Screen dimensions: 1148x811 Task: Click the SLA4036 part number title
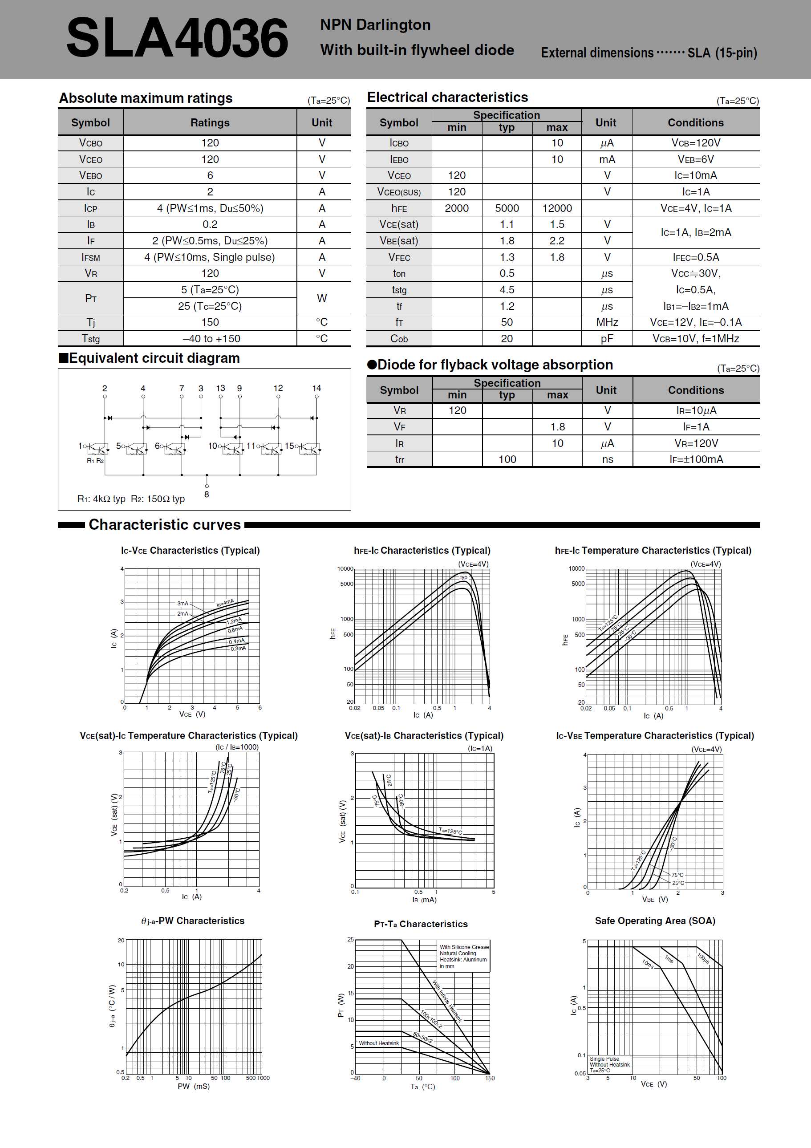pos(177,38)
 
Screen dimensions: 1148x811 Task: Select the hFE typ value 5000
pos(507,208)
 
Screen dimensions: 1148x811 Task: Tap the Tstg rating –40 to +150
pos(211,338)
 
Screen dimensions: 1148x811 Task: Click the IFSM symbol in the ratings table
pos(90,257)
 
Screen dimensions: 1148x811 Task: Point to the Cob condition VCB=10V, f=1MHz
pos(696,338)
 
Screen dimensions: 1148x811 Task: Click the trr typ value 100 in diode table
pos(507,459)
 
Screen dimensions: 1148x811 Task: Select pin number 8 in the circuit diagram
pos(207,494)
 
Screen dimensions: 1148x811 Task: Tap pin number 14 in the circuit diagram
pos(316,388)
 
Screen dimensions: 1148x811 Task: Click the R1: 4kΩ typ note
pos(101,499)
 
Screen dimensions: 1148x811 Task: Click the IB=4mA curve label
pos(225,603)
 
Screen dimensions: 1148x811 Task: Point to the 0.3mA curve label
pos(238,649)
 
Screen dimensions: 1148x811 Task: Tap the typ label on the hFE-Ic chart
pos(463,577)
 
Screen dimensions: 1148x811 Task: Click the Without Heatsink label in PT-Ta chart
pos(378,1043)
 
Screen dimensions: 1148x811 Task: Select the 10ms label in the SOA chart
pos(648,964)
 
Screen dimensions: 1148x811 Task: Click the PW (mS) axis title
pos(194,1086)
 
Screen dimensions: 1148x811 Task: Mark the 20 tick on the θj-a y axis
pos(121,941)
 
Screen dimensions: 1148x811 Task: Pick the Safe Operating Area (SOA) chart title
pos(654,921)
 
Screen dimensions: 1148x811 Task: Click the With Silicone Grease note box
pos(463,957)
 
